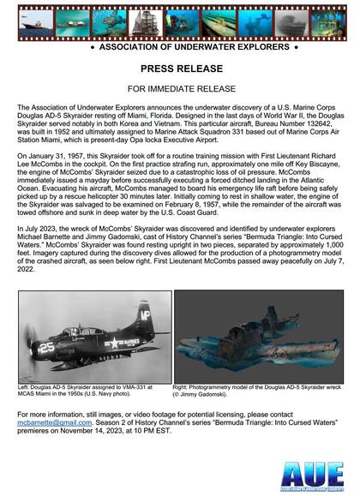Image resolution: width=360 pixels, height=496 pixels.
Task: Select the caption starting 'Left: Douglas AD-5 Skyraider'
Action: click(x=91, y=393)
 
